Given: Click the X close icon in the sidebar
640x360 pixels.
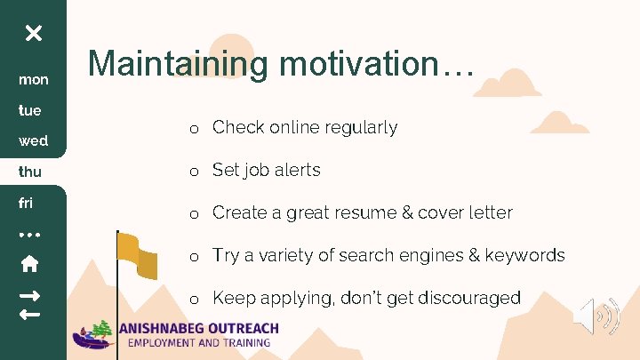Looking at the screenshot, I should tap(33, 34).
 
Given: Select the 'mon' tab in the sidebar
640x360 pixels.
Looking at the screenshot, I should tap(34, 80).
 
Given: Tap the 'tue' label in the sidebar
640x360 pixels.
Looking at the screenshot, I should tap(31, 111).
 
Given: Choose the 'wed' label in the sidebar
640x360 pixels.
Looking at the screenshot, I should tap(34, 141).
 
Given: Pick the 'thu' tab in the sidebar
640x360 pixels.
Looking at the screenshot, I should tap(31, 171).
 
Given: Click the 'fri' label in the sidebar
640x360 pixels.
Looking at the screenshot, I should tap(26, 203).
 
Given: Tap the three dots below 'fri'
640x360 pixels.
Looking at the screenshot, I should tap(31, 235).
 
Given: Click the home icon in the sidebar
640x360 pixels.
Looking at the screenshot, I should tap(29, 263).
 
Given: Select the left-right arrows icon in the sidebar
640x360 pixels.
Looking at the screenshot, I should tap(29, 303).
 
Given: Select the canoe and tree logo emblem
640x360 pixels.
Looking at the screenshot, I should tap(96, 334).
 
